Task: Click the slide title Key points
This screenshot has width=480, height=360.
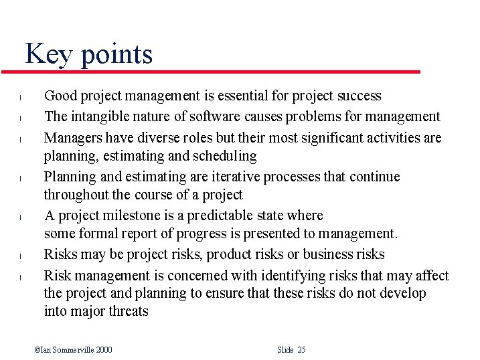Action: click(89, 54)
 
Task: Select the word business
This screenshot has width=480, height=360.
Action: click(327, 254)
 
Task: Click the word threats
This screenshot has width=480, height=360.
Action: click(128, 311)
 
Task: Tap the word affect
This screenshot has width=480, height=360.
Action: click(431, 275)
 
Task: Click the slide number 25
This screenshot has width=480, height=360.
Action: click(301, 350)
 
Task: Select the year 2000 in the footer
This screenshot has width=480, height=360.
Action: click(103, 350)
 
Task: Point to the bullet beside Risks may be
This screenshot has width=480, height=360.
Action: click(21, 256)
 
